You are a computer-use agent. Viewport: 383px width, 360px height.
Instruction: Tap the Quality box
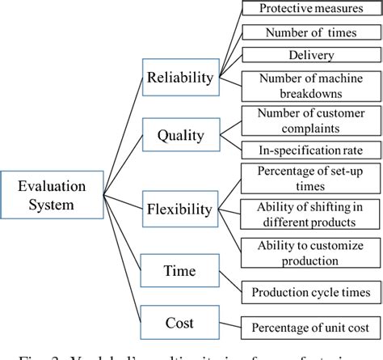click(x=179, y=131)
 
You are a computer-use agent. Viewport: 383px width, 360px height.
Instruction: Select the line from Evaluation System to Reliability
click(x=113, y=129)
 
